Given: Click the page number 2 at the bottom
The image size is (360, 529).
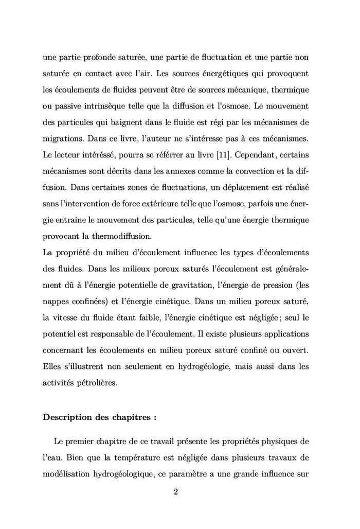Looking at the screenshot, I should [x=176, y=492].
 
